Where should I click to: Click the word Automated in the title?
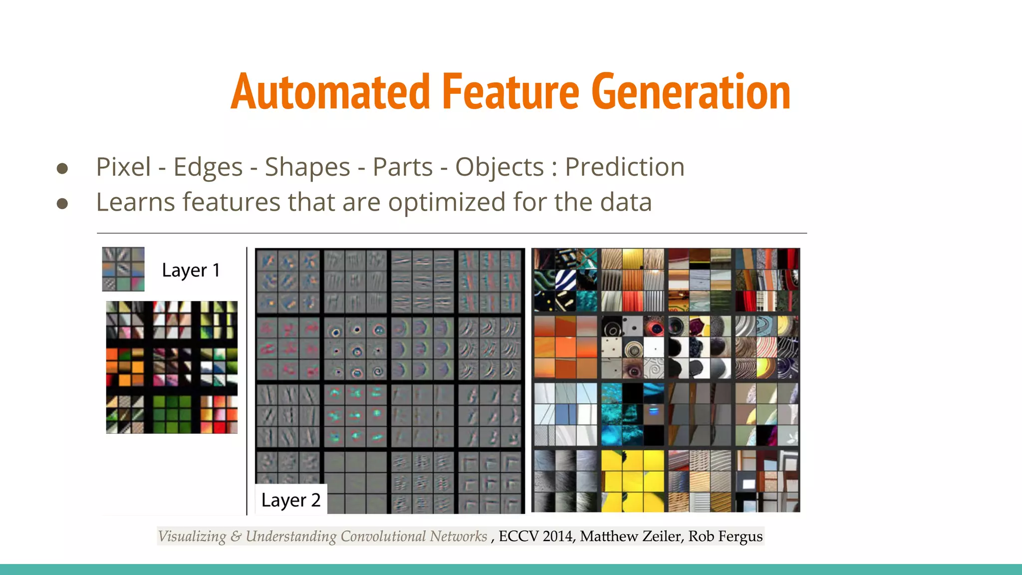click(x=330, y=92)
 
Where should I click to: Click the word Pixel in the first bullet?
click(x=123, y=167)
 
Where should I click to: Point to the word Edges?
click(x=208, y=168)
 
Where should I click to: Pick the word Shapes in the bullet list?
click(x=307, y=168)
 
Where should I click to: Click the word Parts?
click(x=402, y=167)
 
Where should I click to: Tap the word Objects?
click(x=499, y=168)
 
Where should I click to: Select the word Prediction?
click(x=624, y=167)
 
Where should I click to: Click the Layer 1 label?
click(x=191, y=270)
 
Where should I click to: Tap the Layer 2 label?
click(x=290, y=500)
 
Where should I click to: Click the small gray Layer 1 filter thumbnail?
click(x=123, y=269)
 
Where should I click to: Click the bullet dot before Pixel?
click(x=62, y=168)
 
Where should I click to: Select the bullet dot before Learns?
click(x=62, y=204)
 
